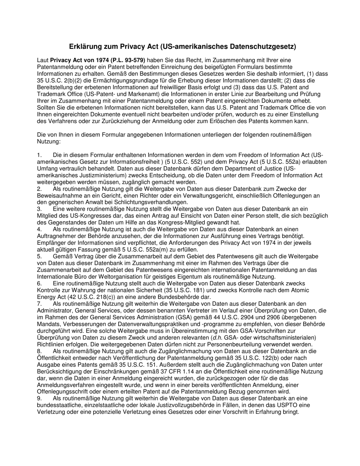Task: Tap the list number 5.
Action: click(x=39, y=256)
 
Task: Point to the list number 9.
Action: click(x=39, y=398)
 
